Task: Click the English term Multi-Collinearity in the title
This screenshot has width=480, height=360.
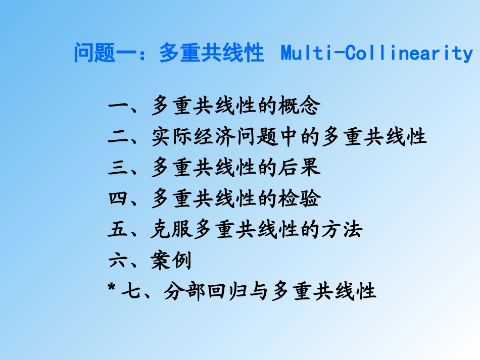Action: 376,53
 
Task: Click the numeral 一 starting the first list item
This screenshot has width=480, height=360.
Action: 118,107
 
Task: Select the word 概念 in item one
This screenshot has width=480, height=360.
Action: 299,107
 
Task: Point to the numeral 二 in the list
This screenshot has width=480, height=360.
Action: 118,137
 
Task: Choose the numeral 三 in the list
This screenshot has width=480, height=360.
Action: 118,168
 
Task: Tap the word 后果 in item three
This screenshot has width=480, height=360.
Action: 299,168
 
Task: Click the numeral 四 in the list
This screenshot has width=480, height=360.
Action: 118,199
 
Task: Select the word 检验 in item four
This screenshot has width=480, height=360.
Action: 299,199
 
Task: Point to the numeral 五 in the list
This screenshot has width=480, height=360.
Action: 118,230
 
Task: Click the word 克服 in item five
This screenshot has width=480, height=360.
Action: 171,230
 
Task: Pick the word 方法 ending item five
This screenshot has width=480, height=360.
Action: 341,230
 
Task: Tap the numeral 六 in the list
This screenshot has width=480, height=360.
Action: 118,261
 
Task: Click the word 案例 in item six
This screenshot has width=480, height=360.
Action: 171,261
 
